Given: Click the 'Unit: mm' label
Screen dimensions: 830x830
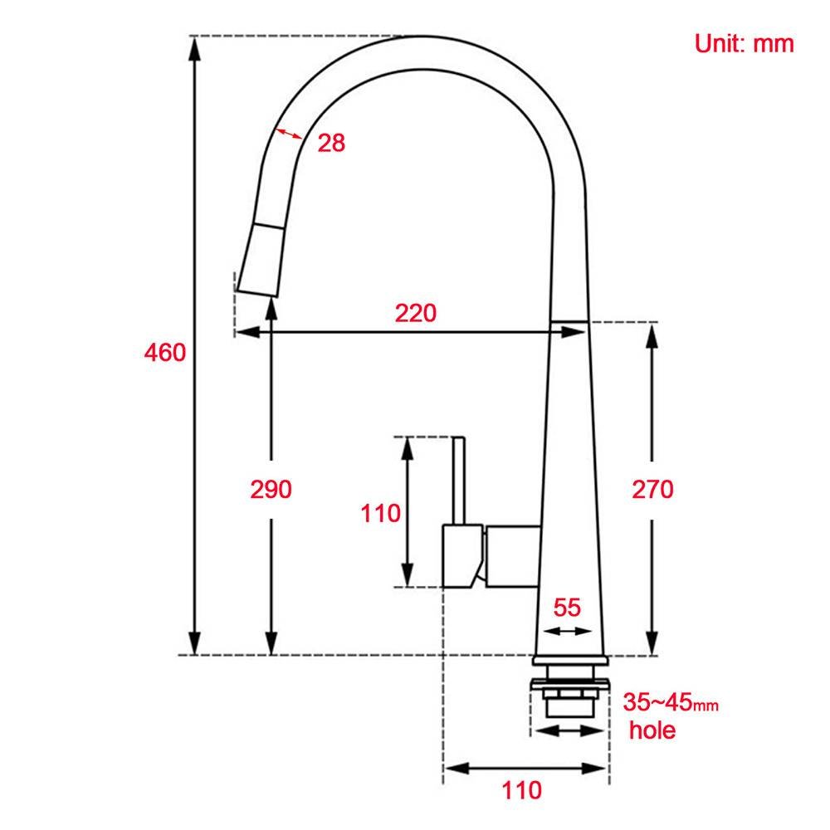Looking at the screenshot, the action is click(x=744, y=43).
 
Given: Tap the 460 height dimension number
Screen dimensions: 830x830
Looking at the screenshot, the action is click(x=165, y=353).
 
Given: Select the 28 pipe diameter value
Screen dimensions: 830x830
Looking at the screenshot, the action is click(x=331, y=143).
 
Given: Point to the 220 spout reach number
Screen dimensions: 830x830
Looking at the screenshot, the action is click(x=416, y=313).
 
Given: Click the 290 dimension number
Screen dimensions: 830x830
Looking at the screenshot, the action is click(x=271, y=489).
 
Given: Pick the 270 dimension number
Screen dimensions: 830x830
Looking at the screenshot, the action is click(x=652, y=489).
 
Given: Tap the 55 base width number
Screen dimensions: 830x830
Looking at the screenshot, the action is click(x=567, y=608).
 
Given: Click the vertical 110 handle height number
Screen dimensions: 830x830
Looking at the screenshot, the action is click(x=381, y=514).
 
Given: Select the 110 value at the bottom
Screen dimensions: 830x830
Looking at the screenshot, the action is click(x=522, y=790).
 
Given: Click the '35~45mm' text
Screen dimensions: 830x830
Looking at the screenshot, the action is click(x=671, y=702).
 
